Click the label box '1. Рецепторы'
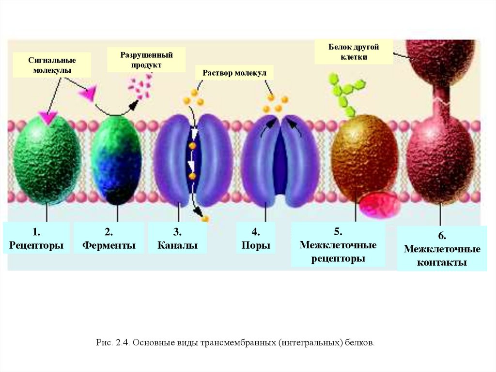point(36,239)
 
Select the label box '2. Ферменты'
point(108,239)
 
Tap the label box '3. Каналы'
point(177,239)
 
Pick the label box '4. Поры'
point(256,239)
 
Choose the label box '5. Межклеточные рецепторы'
point(338,245)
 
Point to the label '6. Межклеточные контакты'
point(442,249)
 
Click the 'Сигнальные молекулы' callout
point(52,65)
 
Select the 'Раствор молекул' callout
point(234,73)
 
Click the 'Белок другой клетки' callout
point(354,52)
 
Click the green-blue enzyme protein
point(116,160)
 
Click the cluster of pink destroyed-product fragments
point(139,86)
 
